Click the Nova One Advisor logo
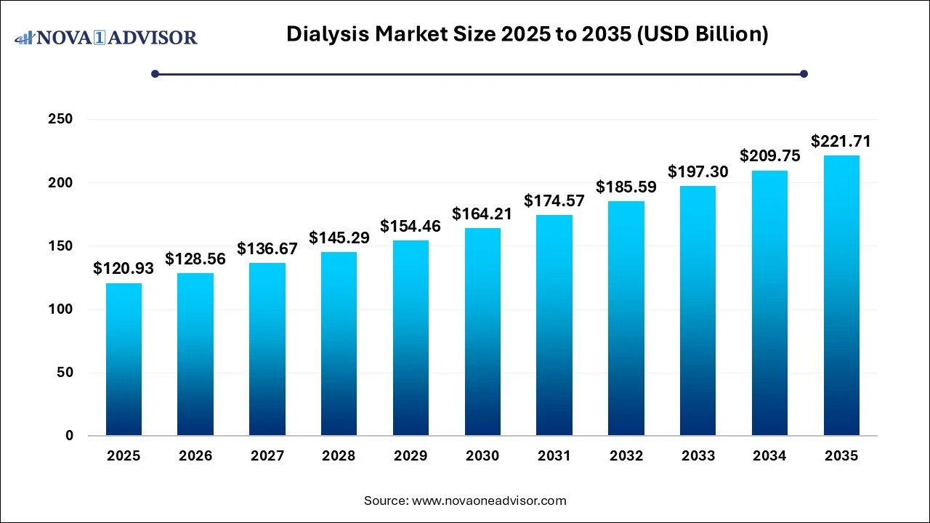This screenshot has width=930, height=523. pyautogui.click(x=106, y=37)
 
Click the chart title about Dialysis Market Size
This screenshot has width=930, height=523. pyautogui.click(x=527, y=34)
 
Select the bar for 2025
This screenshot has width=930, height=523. pyautogui.click(x=124, y=360)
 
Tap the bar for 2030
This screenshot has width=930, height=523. pyautogui.click(x=482, y=332)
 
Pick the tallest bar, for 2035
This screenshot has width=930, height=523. pyautogui.click(x=841, y=296)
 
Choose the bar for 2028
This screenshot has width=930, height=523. pyautogui.click(x=339, y=344)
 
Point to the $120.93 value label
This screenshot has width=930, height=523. pyautogui.click(x=124, y=269)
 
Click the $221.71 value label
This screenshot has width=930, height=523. pyautogui.click(x=841, y=141)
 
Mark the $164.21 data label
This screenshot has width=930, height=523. pyautogui.click(x=482, y=214)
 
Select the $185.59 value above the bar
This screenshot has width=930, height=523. pyautogui.click(x=626, y=187)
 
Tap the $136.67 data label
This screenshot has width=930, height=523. pyautogui.click(x=267, y=248)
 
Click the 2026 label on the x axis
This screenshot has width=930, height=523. pyautogui.click(x=195, y=456)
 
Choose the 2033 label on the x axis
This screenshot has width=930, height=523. pyautogui.click(x=697, y=456)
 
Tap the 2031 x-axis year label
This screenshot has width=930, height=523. pyautogui.click(x=554, y=456)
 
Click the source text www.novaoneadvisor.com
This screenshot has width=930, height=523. pyautogui.click(x=465, y=500)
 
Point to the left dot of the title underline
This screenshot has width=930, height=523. pyautogui.click(x=155, y=73)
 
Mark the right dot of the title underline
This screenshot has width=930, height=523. pyautogui.click(x=804, y=73)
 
